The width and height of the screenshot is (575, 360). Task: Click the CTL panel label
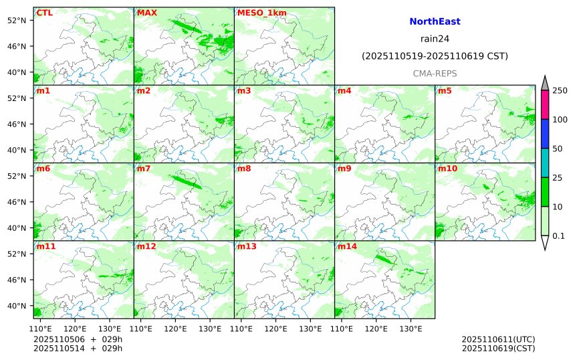[x=45, y=13]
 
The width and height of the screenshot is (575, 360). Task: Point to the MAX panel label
[x=146, y=13]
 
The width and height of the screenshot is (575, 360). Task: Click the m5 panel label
[x=445, y=91]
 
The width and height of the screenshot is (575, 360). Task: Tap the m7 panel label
[x=144, y=169]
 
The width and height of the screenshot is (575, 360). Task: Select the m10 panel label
[x=447, y=169]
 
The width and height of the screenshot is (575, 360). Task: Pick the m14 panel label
[x=347, y=246]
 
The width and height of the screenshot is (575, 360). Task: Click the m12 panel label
[x=146, y=246]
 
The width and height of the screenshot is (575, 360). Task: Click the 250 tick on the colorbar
[x=560, y=91]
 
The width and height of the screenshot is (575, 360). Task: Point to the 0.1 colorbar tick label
[x=558, y=236]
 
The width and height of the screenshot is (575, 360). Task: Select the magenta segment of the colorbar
[x=545, y=104]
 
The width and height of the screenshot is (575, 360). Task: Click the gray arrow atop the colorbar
[x=545, y=83]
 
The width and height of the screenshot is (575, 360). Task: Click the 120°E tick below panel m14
[x=376, y=329]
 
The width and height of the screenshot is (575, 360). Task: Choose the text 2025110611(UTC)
[x=498, y=340]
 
